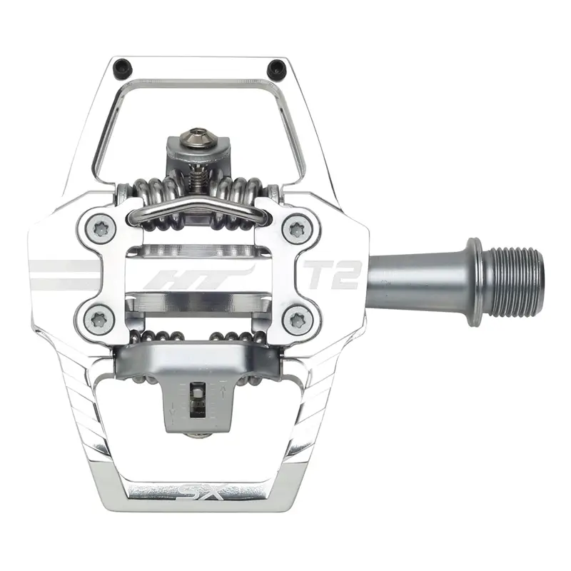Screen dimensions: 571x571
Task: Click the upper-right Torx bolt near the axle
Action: click(294, 230)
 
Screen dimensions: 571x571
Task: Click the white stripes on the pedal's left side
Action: click(64, 274)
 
